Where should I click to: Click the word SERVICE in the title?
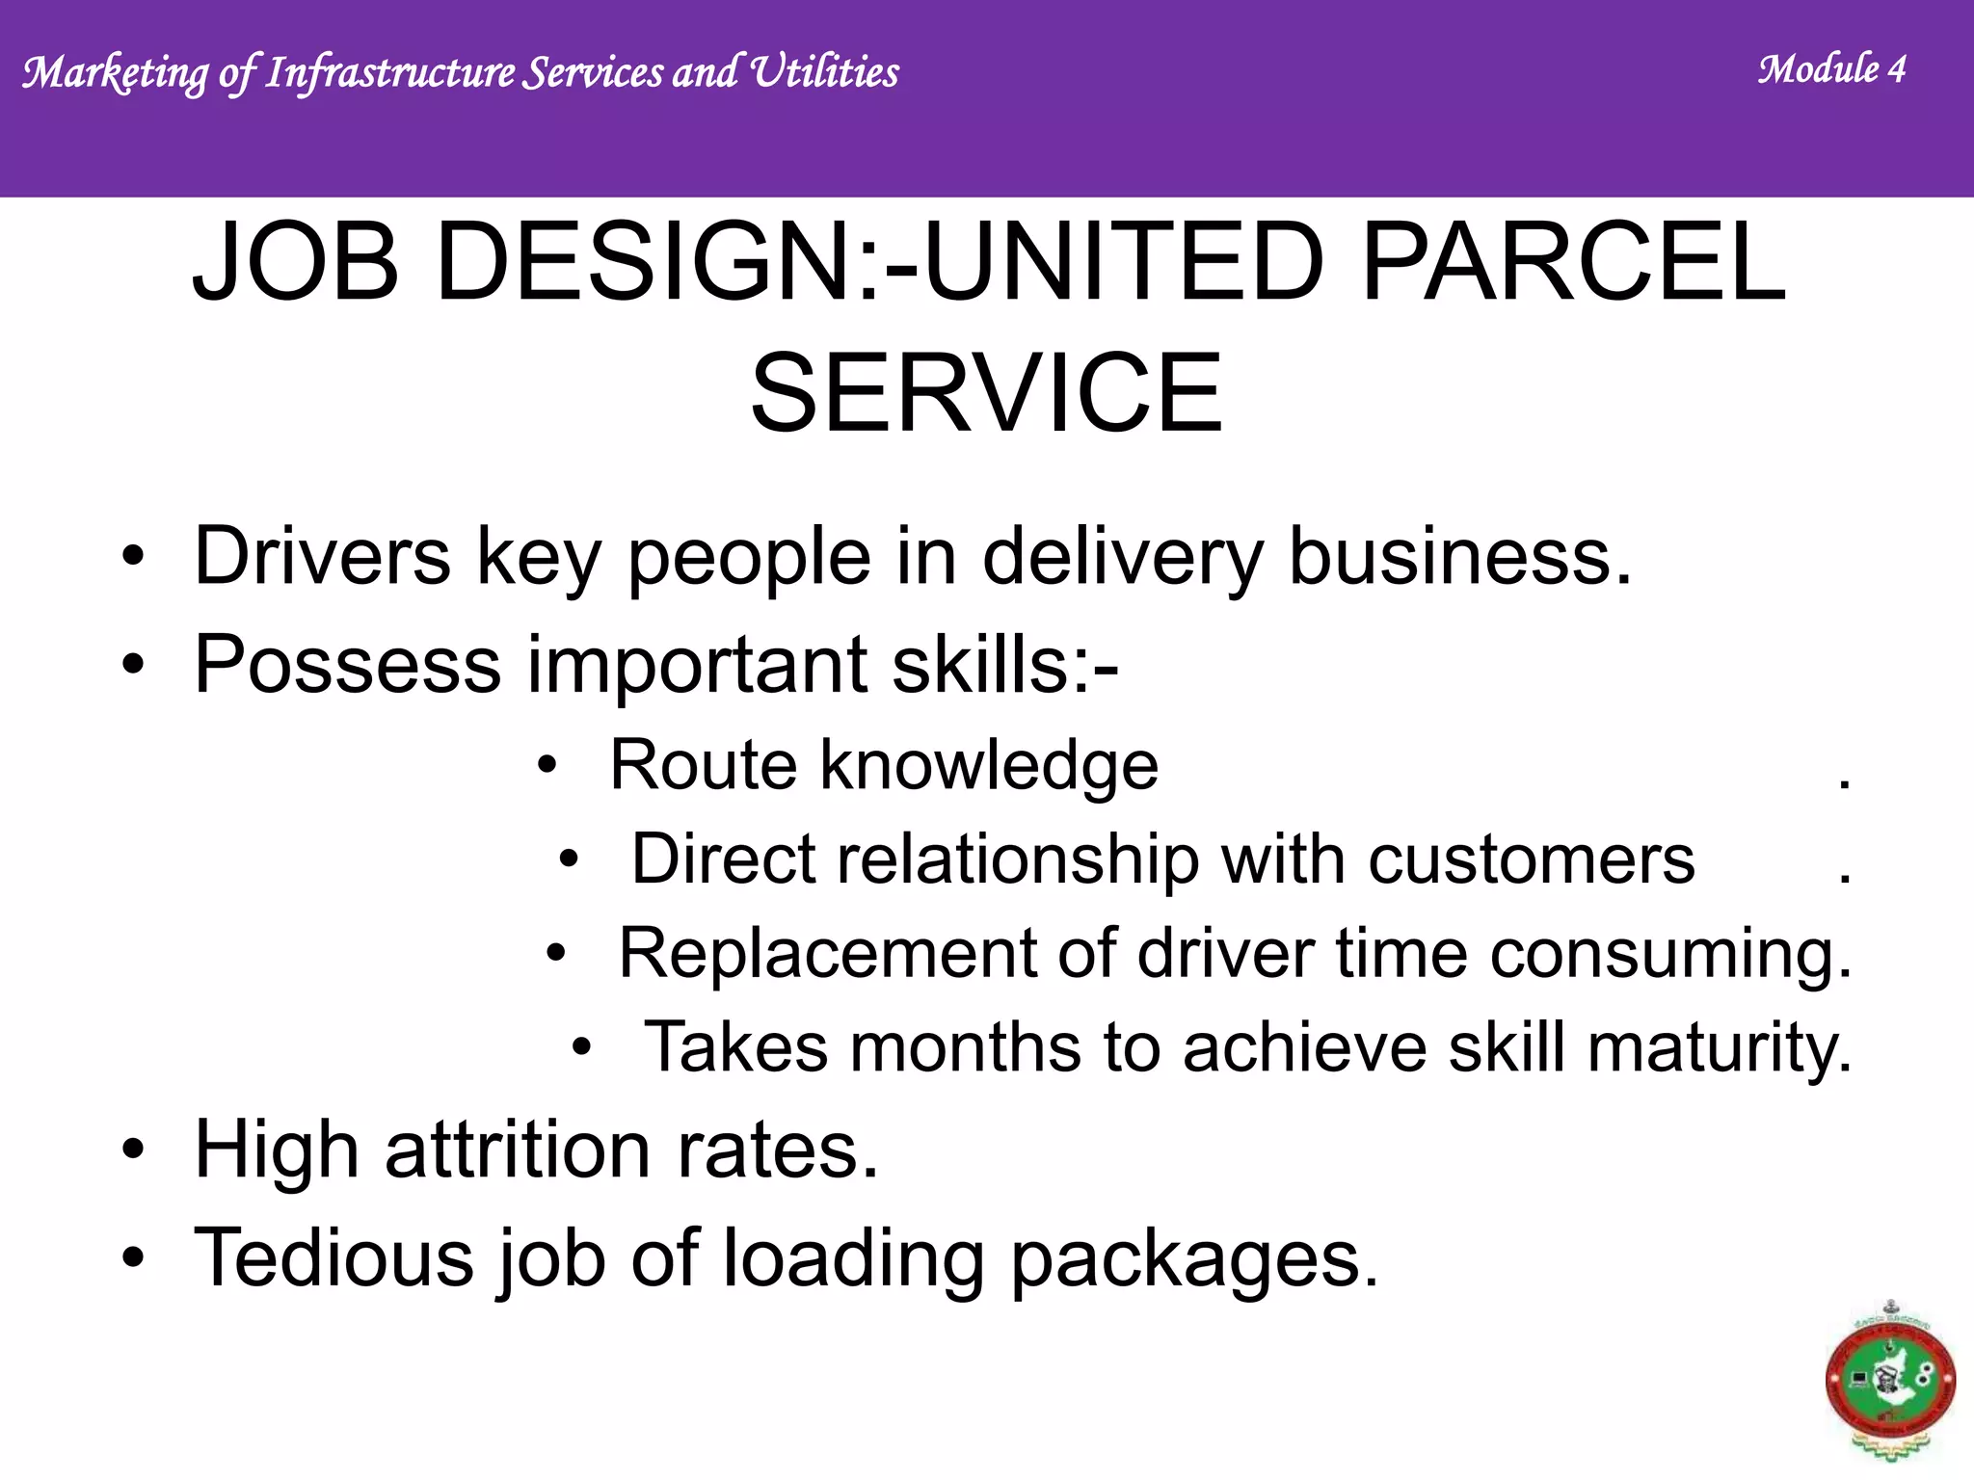click(986, 393)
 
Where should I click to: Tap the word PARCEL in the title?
click(1573, 262)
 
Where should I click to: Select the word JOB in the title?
click(295, 262)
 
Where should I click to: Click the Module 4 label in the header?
click(1831, 69)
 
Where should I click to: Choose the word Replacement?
click(827, 953)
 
